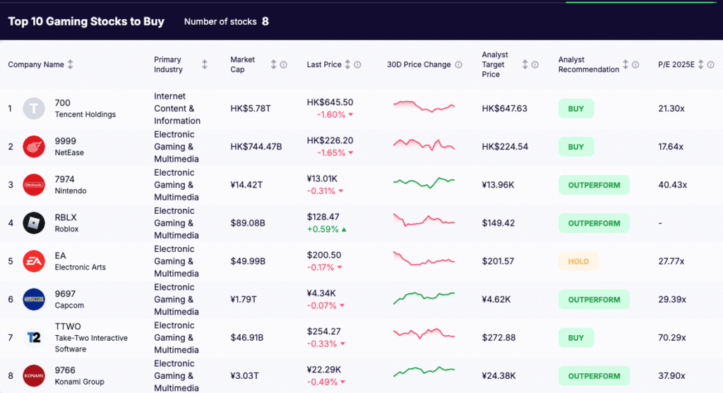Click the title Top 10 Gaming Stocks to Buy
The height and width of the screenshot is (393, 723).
[x=86, y=21]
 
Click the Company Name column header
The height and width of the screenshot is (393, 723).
[x=36, y=65]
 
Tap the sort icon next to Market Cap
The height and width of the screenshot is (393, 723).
[x=273, y=65]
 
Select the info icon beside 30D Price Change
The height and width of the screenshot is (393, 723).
[x=459, y=65]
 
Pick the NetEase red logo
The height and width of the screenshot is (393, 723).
[x=34, y=147]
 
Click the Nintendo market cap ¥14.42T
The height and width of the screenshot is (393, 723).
[x=247, y=185]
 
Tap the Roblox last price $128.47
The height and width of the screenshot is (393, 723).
[x=323, y=217]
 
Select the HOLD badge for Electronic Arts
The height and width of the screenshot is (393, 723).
[x=578, y=261]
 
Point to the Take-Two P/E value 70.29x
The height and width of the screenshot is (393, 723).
[x=671, y=338]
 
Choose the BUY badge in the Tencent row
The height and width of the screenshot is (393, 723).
[x=576, y=109]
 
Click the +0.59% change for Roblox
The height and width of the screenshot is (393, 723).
[x=323, y=229]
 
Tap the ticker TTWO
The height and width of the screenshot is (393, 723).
[x=68, y=327]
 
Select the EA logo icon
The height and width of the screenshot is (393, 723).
[x=34, y=261]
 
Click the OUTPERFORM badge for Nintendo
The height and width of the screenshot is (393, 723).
[x=594, y=185]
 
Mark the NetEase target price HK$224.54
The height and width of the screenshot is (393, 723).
[x=505, y=147]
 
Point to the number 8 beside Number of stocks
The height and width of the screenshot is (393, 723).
[x=265, y=21]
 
